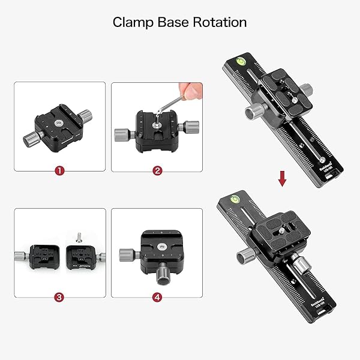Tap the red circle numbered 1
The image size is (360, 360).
click(59, 171)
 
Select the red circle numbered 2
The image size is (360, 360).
click(157, 171)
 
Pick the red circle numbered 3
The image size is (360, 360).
click(59, 297)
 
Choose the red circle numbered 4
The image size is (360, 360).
click(157, 297)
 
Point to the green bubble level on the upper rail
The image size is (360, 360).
click(239, 59)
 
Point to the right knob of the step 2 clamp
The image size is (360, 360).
click(192, 126)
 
